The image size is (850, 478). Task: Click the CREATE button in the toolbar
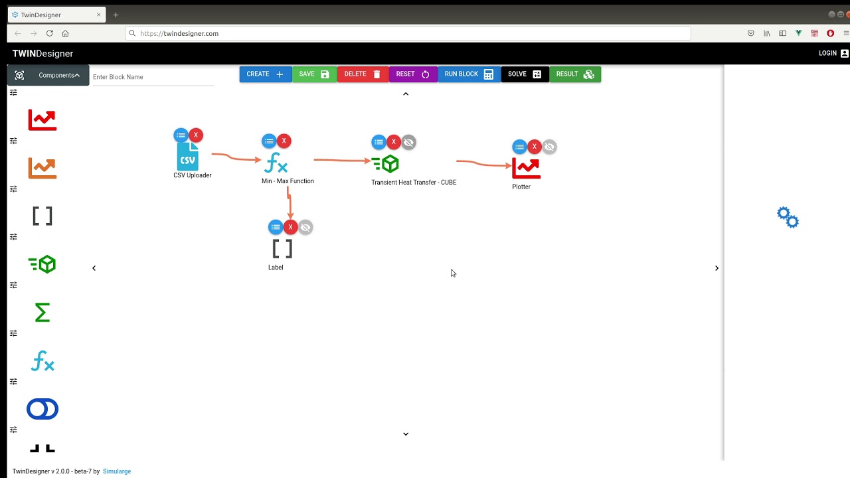point(266,74)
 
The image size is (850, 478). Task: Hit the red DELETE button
point(363,74)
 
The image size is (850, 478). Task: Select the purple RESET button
point(413,74)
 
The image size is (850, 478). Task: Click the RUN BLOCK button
point(469,74)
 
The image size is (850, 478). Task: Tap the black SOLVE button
point(525,74)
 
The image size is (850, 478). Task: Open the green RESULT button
point(575,74)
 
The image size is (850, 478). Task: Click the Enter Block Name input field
point(153,77)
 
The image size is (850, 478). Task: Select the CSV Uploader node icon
point(187,156)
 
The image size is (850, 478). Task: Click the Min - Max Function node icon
point(276,163)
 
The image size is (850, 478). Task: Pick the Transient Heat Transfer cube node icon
point(385,163)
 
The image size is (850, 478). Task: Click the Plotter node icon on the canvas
point(526,169)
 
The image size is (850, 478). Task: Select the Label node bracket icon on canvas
point(282,249)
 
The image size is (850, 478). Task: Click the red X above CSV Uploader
point(196,135)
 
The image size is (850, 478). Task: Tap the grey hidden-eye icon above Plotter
point(549,147)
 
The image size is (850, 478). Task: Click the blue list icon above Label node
point(276,227)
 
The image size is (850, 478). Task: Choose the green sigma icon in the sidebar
point(42,312)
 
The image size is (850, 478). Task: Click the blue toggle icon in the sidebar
point(42,409)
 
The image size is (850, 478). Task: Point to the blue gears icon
point(788,217)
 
